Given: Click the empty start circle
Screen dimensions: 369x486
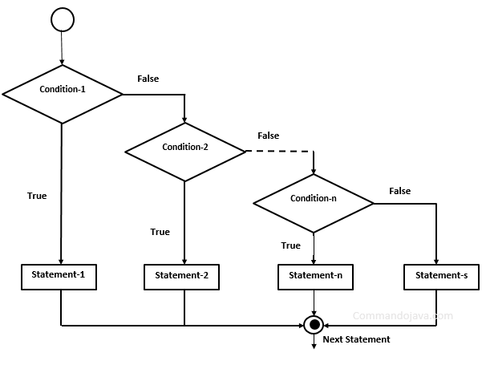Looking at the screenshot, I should (x=62, y=18).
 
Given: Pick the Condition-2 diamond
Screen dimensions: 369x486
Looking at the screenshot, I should (x=185, y=148).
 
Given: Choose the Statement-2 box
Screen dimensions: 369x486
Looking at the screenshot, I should (x=185, y=276).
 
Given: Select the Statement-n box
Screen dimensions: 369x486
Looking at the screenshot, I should (x=315, y=276).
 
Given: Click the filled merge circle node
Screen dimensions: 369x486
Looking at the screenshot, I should (x=314, y=325).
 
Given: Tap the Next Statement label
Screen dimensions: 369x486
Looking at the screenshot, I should (x=356, y=339).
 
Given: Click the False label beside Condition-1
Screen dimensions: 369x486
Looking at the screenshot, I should (x=148, y=79).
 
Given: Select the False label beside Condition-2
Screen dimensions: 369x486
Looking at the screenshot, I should (x=268, y=136).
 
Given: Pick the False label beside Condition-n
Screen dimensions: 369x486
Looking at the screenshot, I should (x=399, y=191).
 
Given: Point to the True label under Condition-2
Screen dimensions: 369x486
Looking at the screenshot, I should (x=160, y=232).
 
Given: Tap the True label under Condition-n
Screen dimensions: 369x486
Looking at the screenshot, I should (x=291, y=245).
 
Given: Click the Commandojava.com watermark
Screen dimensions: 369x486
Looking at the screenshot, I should (x=403, y=316).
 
